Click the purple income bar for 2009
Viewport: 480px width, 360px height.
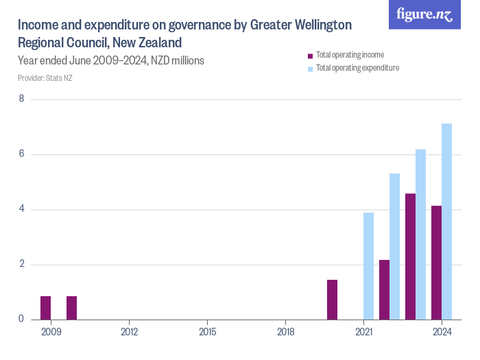(45, 308)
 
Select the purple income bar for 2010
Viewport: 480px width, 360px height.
(71, 308)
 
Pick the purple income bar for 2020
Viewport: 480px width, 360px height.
(332, 300)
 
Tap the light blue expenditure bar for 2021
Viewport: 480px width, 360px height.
(368, 266)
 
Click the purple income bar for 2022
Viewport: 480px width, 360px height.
(384, 289)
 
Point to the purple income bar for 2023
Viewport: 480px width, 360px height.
(410, 256)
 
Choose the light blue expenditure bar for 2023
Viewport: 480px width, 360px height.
(420, 235)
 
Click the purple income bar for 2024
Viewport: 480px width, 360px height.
(436, 263)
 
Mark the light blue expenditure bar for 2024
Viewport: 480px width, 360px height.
(446, 221)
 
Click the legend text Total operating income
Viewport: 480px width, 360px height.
(350, 55)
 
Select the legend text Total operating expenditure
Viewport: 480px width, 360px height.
(357, 68)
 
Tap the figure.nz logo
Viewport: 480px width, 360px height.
(424, 14)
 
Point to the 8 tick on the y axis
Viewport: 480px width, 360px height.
(22, 99)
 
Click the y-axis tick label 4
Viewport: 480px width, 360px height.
(22, 209)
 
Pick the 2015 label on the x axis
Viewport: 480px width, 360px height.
(208, 333)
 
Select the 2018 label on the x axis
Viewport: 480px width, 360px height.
(286, 333)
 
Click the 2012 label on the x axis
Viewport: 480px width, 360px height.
(130, 333)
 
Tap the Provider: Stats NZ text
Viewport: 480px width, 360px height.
(45, 77)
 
